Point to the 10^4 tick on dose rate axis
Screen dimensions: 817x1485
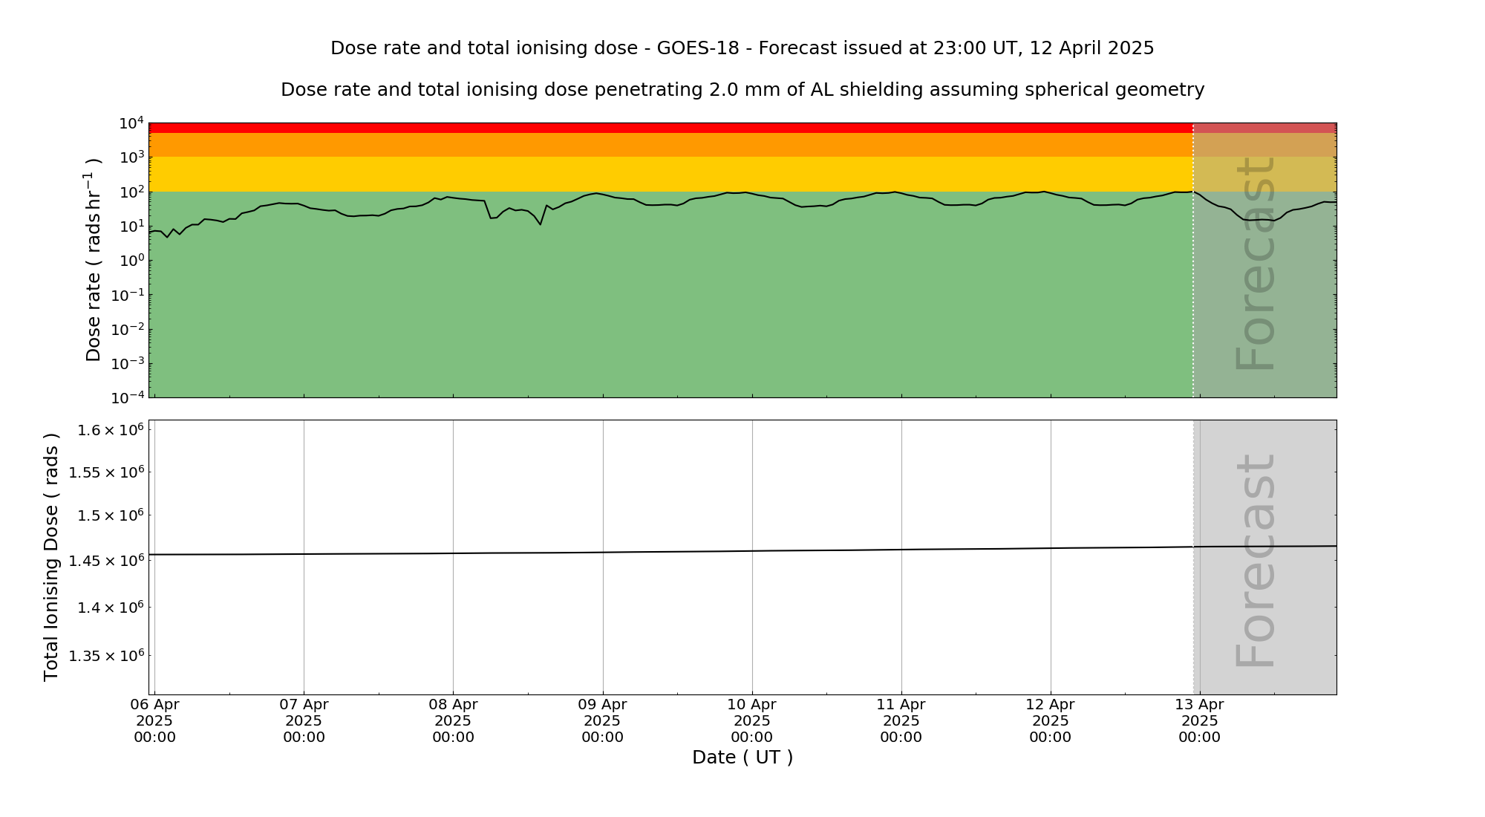tap(131, 123)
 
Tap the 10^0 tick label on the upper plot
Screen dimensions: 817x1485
tap(131, 261)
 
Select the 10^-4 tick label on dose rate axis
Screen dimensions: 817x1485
tap(128, 398)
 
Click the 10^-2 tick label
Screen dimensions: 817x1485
tap(128, 330)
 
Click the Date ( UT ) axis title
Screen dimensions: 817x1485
tap(742, 758)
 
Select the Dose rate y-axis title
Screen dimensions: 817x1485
tap(94, 260)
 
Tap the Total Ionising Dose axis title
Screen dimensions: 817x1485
tap(51, 557)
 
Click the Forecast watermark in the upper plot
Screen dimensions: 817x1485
tap(1256, 263)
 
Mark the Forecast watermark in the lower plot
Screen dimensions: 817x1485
tap(1256, 560)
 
